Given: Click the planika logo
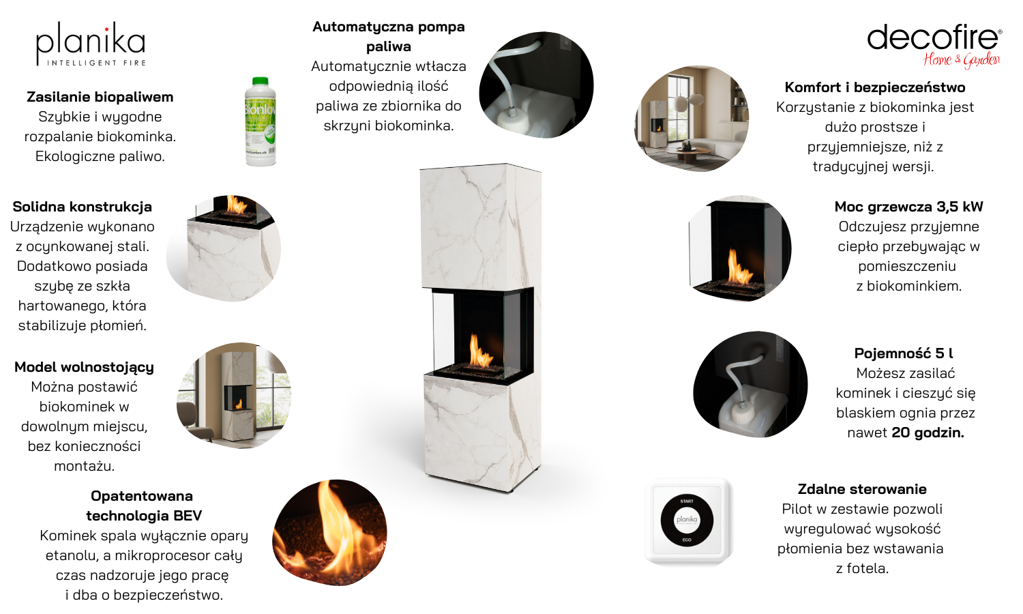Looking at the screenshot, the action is click(x=91, y=44).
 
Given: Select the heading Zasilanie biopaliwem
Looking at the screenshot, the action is click(x=100, y=97).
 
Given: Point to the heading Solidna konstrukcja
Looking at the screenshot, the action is click(x=83, y=207).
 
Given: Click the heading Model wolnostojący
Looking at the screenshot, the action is click(x=84, y=367).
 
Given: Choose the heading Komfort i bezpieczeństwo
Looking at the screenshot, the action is click(x=875, y=87).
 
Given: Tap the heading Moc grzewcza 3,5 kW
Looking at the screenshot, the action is click(x=909, y=207).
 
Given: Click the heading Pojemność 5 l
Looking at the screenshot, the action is click(x=904, y=353).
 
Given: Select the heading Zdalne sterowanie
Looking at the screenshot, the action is click(x=862, y=489).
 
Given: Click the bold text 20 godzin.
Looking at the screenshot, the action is click(x=928, y=433).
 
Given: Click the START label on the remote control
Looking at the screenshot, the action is click(x=687, y=501).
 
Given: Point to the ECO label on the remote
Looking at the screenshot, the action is click(x=687, y=540).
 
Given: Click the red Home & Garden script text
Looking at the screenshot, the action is click(x=962, y=60).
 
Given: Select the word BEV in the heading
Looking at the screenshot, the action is click(x=188, y=516).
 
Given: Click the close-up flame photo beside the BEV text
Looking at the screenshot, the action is click(x=329, y=532).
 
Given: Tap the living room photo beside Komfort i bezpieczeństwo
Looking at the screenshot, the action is click(x=692, y=119).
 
